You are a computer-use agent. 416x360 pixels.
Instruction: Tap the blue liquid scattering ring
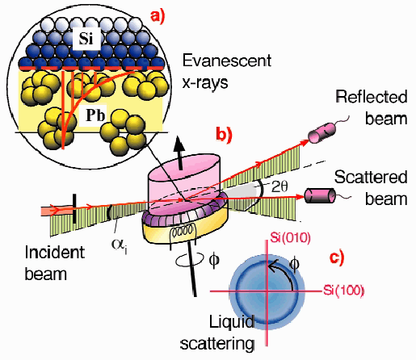click(266, 288)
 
